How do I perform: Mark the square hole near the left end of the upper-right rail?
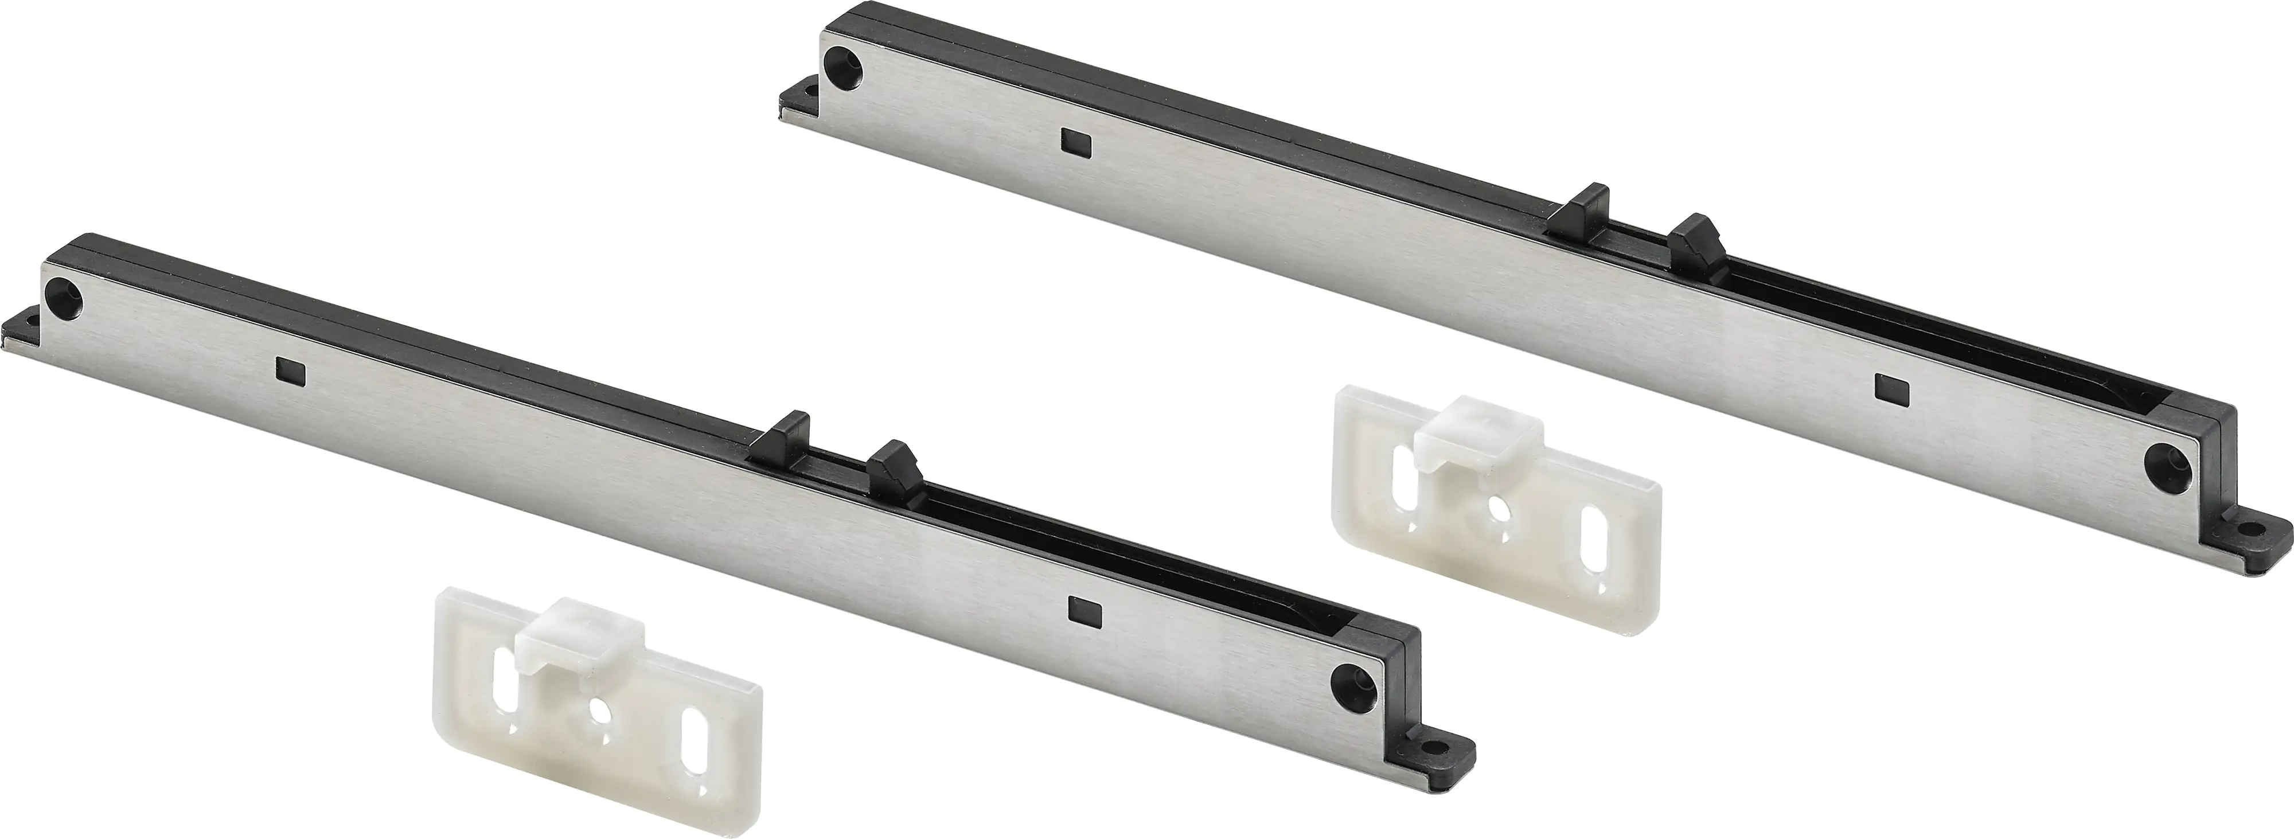(x=1074, y=140)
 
